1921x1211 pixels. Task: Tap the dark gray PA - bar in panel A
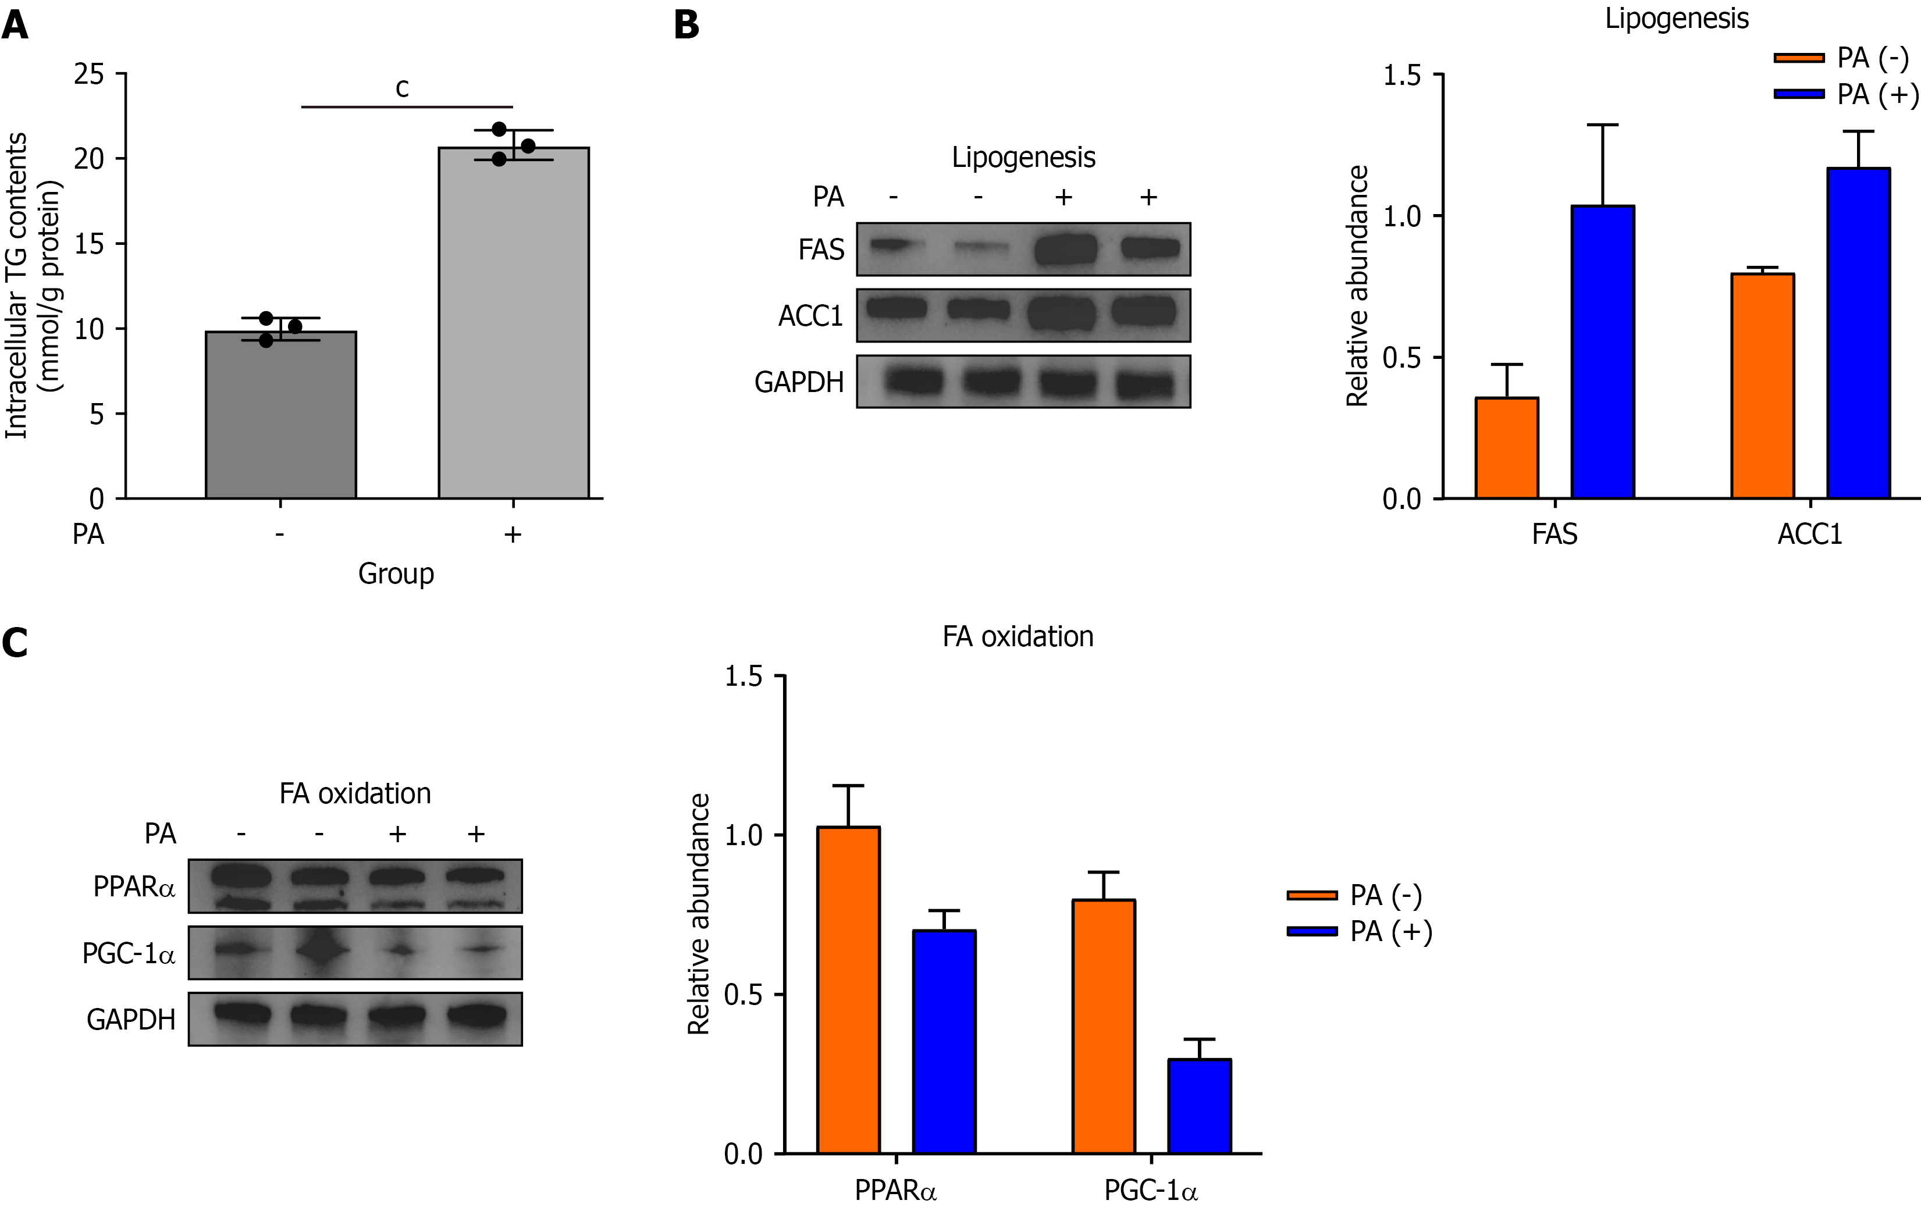click(281, 415)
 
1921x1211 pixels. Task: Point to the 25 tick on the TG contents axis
click(90, 74)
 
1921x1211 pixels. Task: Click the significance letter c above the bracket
click(402, 88)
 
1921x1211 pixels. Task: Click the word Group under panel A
click(396, 573)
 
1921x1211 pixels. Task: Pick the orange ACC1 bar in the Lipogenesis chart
click(1762, 386)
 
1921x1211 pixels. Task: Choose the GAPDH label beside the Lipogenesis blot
click(799, 382)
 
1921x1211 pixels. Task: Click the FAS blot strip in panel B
click(1023, 250)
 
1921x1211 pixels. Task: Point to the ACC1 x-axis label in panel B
click(1809, 534)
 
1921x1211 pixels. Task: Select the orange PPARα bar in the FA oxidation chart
click(848, 989)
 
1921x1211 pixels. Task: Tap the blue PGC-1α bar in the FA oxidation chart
click(1199, 1106)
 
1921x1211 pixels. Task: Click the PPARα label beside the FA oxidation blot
click(134, 886)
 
